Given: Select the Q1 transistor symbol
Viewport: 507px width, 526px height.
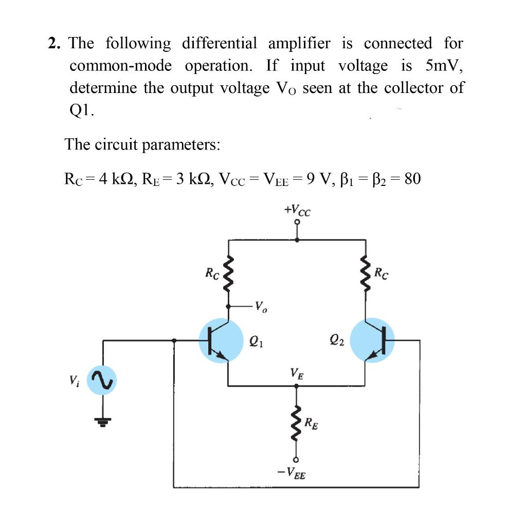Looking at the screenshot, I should [221, 341].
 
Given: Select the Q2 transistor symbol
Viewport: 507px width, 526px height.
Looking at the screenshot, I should [372, 341].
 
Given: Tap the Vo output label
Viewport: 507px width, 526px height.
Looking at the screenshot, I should [261, 309].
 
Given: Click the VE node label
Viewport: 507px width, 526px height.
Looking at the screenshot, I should [296, 372].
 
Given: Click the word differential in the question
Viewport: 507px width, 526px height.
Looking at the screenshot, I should [219, 44].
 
